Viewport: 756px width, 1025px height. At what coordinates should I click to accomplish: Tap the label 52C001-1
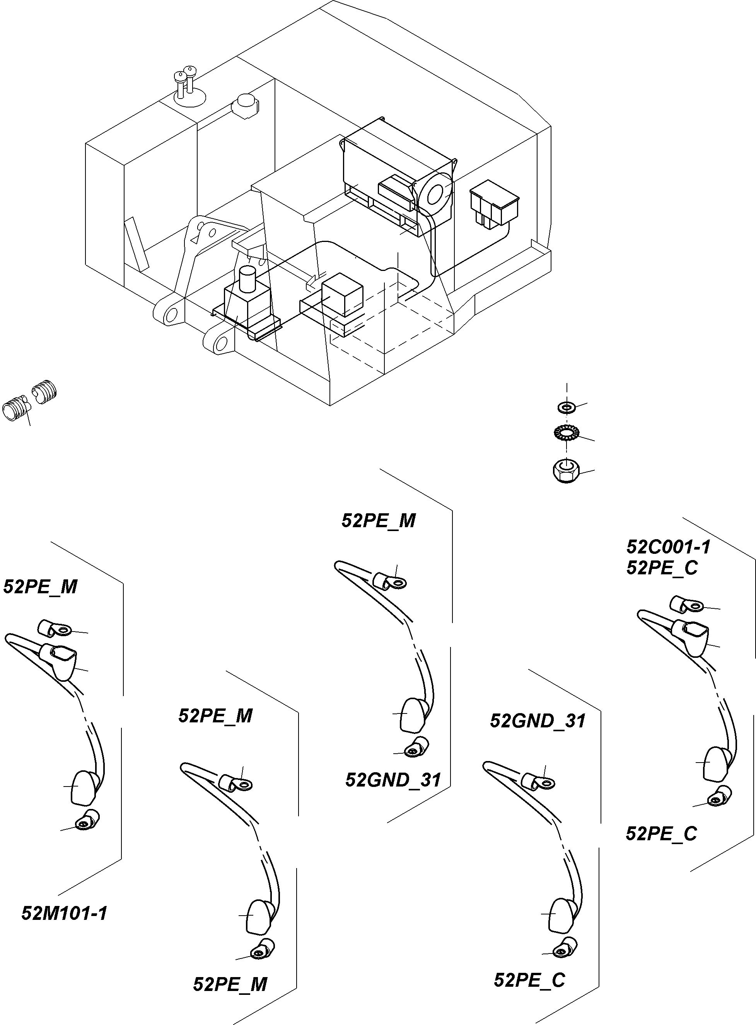point(668,547)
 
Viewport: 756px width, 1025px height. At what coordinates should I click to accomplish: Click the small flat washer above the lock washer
point(567,406)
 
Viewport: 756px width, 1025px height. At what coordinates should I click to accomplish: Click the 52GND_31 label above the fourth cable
point(538,721)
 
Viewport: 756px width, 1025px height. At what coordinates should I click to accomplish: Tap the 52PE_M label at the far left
point(40,587)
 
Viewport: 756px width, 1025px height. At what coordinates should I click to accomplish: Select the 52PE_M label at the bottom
point(230,984)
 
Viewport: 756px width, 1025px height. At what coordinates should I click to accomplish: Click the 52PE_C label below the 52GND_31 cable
point(529,980)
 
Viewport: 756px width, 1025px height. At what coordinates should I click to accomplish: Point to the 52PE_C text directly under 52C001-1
point(662,568)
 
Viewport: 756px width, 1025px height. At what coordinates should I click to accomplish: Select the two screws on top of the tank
point(184,82)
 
